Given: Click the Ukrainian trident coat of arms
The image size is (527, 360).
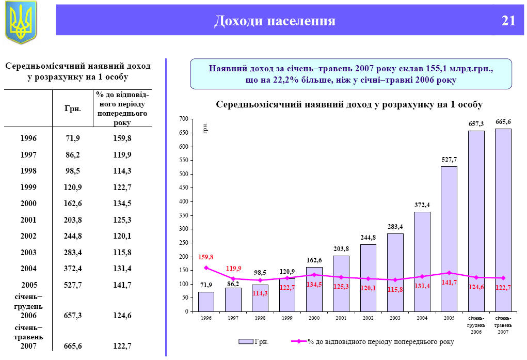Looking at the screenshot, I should coord(21,22).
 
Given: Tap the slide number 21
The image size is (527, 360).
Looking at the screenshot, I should coord(508,21).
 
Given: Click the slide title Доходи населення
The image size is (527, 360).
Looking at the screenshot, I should coord(275,21).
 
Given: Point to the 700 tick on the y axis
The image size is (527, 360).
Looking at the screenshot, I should coord(183,119).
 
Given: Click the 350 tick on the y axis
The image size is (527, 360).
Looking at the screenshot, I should coord(183,215).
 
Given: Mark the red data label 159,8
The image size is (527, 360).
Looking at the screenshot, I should coord(206,257).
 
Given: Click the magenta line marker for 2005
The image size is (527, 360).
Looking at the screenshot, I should coord(449,273).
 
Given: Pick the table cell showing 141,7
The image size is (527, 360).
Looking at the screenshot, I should coord(122,285).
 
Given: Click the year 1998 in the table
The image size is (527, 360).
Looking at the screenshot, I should coord(28,171).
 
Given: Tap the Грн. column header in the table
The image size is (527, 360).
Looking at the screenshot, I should coord(73,109).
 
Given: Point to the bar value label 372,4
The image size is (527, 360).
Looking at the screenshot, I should coord(422,205).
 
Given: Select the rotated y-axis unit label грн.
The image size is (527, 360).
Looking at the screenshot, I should coord(205,129).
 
